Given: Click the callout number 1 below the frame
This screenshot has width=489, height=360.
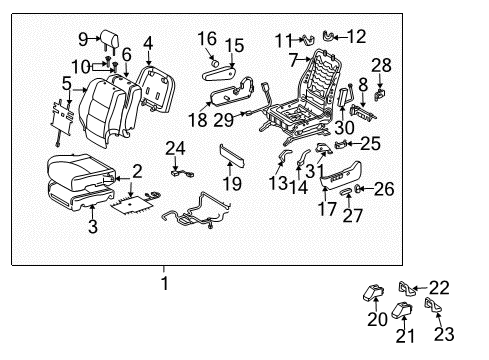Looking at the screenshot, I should (164, 283).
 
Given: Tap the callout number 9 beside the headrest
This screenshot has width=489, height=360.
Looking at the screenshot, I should (83, 40).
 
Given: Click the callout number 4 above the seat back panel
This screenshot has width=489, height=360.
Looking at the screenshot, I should (148, 43).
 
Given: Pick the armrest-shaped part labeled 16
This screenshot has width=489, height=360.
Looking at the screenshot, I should (216, 73).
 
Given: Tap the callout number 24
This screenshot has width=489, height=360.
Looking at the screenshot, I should (177, 150).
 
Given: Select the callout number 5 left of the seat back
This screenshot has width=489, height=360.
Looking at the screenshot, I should (66, 85).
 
